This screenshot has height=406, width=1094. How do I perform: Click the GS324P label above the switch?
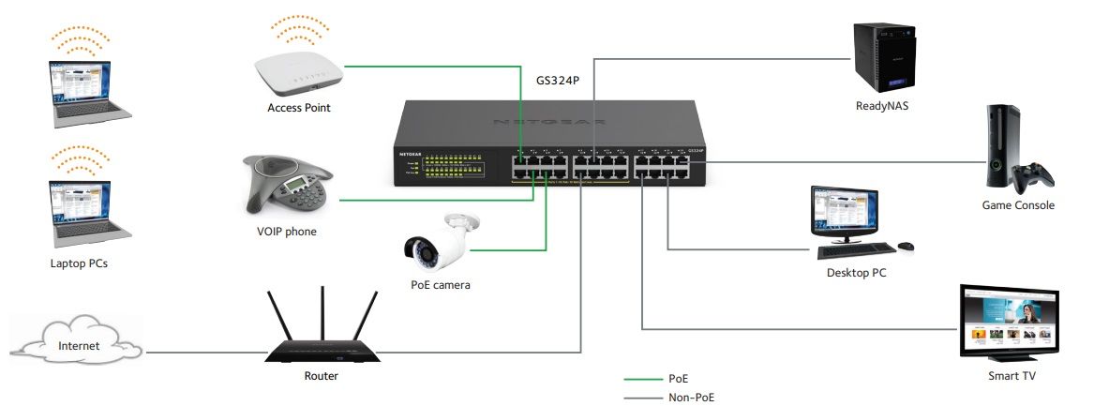pyautogui.click(x=558, y=80)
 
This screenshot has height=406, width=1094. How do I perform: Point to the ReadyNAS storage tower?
pyautogui.click(x=882, y=56)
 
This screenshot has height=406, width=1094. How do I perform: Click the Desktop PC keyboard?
pyautogui.click(x=855, y=250)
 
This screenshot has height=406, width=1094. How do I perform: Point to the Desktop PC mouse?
pyautogui.click(x=906, y=247)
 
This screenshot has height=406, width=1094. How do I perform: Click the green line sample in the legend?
pyautogui.click(x=641, y=379)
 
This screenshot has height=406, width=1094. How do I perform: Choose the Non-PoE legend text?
pyautogui.click(x=692, y=398)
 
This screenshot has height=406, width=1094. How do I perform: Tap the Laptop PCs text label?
pyautogui.click(x=79, y=263)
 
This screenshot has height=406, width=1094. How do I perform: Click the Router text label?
pyautogui.click(x=322, y=376)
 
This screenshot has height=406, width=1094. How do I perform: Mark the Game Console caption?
pyautogui.click(x=1018, y=205)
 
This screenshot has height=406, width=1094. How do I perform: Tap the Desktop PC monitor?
pyautogui.click(x=844, y=211)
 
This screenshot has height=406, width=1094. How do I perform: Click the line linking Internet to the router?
pyautogui.click(x=206, y=353)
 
